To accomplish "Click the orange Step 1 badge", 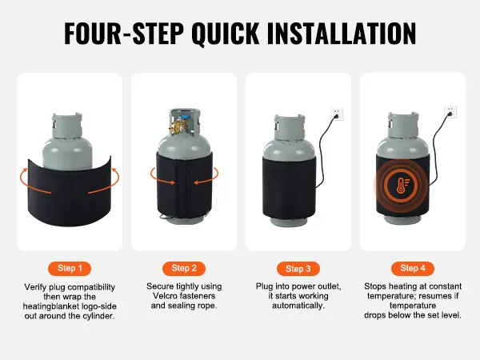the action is pyautogui.click(x=70, y=269).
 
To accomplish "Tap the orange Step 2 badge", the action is pyautogui.click(x=184, y=269).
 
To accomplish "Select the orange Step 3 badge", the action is pyautogui.click(x=298, y=269).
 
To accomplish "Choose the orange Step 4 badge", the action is pyautogui.click(x=413, y=269).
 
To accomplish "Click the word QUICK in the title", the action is pyautogui.click(x=226, y=34).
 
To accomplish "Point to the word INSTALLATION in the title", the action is pyautogui.click(x=342, y=34).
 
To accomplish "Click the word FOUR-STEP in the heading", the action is pyautogui.click(x=124, y=34).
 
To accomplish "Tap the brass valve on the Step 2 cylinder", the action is pyautogui.click(x=177, y=126).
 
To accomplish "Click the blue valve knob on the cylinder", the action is pyautogui.click(x=186, y=118).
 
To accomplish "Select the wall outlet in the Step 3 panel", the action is pyautogui.click(x=337, y=114).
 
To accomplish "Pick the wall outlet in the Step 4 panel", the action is pyautogui.click(x=450, y=112).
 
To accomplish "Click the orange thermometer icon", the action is pyautogui.click(x=402, y=186).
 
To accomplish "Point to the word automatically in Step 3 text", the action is pyautogui.click(x=298, y=306).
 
